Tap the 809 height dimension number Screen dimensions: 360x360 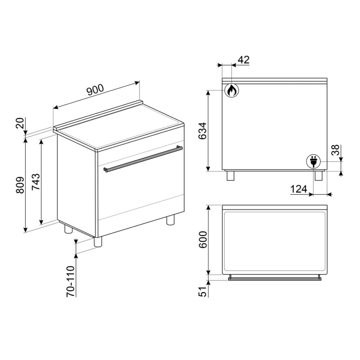point(20,185)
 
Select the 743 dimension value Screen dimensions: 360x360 point(36,182)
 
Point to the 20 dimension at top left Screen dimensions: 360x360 point(20,123)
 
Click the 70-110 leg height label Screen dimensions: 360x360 point(71,282)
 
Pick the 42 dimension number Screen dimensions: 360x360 point(243,60)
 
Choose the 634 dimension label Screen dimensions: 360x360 point(202,131)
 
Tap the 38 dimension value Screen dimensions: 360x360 point(335,150)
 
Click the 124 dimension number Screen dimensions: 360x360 point(299,189)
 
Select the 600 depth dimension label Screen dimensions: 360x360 point(202,240)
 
